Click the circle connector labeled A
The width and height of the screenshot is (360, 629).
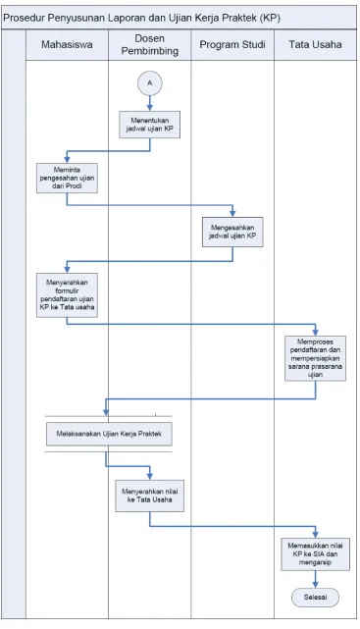tap(149, 83)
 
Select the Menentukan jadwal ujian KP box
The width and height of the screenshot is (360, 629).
tap(149, 125)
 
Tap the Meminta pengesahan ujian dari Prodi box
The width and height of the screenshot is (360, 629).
tap(67, 178)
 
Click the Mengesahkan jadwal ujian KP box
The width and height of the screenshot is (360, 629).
tap(232, 232)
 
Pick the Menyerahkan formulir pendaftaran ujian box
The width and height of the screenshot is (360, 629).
tap(67, 295)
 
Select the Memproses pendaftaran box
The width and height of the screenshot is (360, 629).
tap(316, 358)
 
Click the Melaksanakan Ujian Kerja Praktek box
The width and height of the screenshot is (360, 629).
tap(109, 434)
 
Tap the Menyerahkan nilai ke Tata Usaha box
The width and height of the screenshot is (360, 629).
tap(149, 496)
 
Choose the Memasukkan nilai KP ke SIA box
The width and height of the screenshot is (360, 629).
tap(316, 554)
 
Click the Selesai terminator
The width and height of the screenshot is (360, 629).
tap(315, 598)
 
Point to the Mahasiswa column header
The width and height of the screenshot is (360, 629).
tap(67, 44)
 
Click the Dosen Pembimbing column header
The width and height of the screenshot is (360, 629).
tap(149, 44)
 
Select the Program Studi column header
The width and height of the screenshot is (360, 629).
tap(232, 44)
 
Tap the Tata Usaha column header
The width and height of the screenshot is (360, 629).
tap(315, 44)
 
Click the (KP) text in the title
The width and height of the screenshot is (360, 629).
tap(269, 18)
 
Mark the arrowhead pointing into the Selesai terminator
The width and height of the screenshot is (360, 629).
tap(316, 585)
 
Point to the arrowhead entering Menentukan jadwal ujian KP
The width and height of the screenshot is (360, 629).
tap(150, 108)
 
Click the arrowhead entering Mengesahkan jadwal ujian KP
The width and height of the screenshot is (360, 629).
tap(232, 214)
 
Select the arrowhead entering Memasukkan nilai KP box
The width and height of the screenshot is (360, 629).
tap(316, 535)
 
